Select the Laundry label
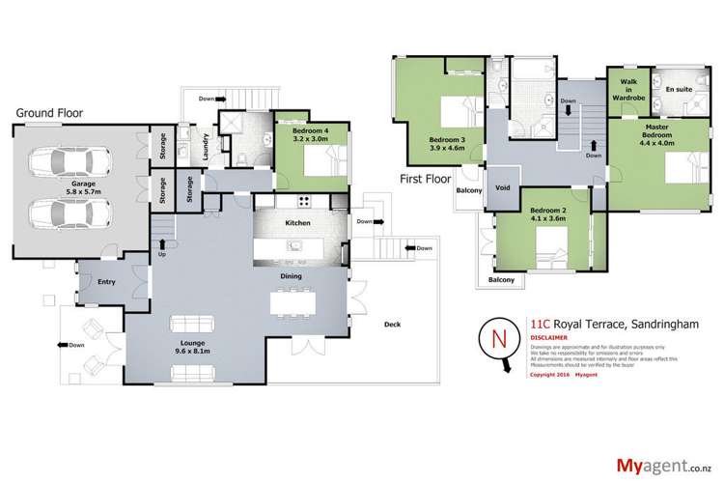(206, 147)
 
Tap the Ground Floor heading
(48, 113)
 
